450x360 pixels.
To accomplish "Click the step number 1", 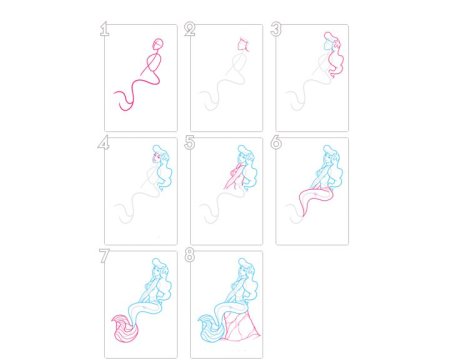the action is (104, 29).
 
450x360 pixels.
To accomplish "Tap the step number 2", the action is (190, 29).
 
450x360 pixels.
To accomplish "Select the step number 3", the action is (276, 29).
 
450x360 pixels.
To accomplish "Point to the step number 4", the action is (104, 143).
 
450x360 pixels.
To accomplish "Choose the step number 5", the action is (190, 143).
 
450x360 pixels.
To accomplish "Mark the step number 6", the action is (276, 143).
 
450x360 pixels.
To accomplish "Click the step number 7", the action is (104, 256).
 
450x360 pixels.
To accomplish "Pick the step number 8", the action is (190, 256).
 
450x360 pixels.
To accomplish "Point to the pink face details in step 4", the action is (155, 157).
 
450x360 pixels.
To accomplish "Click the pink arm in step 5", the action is (232, 177).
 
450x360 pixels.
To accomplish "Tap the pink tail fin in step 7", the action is (124, 329).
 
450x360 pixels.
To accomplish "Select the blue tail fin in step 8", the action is (211, 329).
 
